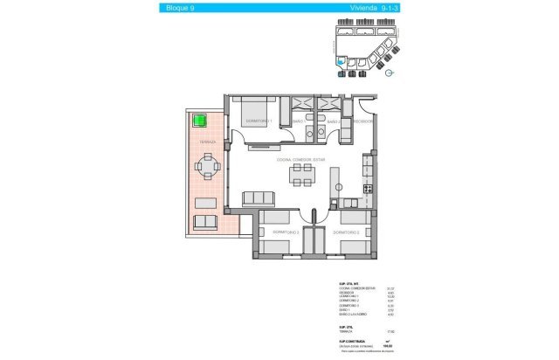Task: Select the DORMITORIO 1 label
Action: [259, 121]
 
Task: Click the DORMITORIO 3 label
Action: [346, 232]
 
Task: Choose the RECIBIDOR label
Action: [363, 122]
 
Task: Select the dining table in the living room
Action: [303, 177]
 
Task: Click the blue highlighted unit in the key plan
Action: [339, 61]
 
